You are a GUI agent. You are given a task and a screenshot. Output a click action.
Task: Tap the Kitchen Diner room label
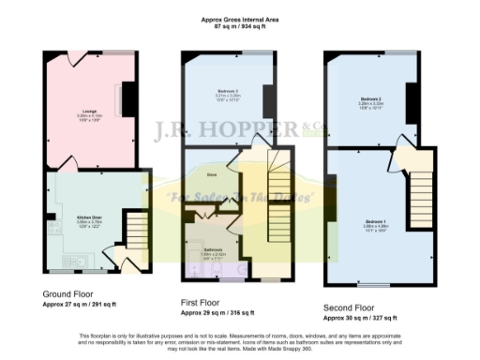click(x=89, y=217)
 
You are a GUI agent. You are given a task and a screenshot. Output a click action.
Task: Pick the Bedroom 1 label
click(x=374, y=220)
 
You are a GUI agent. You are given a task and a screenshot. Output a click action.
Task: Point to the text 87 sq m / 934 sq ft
click(x=239, y=26)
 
